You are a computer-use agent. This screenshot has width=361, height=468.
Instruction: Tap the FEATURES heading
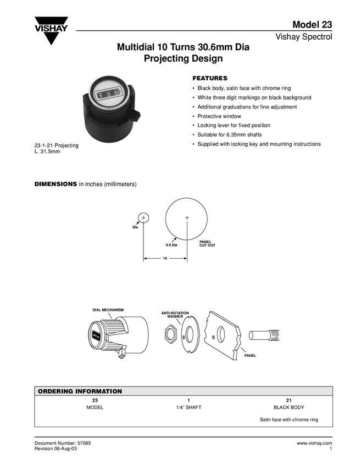[x=209, y=78]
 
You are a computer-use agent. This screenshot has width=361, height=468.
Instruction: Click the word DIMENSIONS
[x=55, y=184]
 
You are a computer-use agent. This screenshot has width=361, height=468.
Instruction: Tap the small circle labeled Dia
[x=143, y=217]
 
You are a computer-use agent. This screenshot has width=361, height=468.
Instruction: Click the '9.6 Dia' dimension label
[x=171, y=244]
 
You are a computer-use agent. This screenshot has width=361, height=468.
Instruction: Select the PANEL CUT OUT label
[x=207, y=243]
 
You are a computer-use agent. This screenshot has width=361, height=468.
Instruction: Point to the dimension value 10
[x=165, y=258]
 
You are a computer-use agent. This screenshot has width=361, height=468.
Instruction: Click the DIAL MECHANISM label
[x=108, y=310]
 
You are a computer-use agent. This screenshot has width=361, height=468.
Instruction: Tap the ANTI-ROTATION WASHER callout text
[x=175, y=314]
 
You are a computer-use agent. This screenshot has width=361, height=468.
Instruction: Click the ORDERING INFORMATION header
[x=79, y=391]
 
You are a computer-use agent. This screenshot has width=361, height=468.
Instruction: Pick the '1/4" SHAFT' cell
[x=188, y=408]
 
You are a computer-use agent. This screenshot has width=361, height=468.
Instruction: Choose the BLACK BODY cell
[x=288, y=408]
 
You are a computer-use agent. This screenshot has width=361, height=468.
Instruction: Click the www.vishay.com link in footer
[x=314, y=443]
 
